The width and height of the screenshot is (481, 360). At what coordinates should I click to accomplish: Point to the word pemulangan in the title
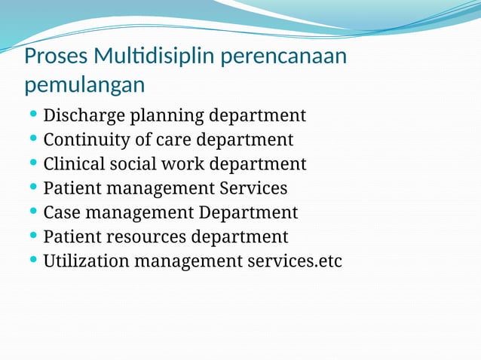tap(84, 85)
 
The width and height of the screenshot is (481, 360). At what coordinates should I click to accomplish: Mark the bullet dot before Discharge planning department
tap(33, 116)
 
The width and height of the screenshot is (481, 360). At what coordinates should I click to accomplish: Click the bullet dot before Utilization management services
tap(33, 261)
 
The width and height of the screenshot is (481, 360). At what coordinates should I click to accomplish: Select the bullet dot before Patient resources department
tap(33, 236)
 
